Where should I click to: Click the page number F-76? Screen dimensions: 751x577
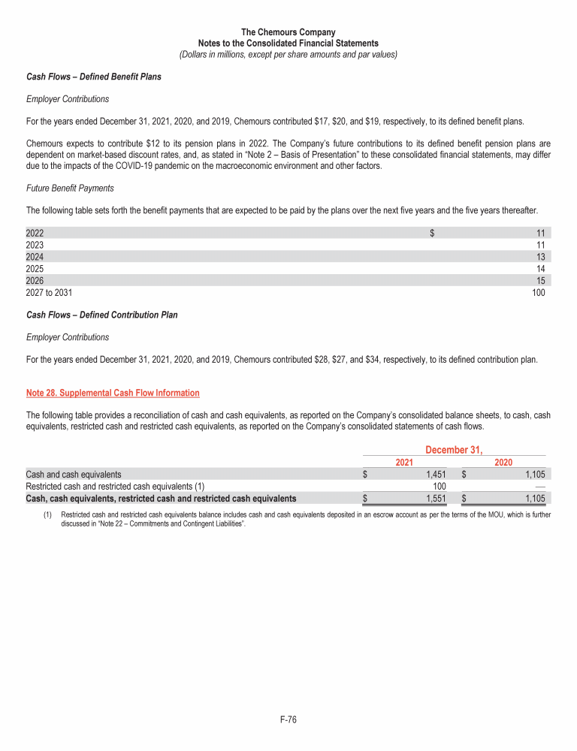(x=288, y=720)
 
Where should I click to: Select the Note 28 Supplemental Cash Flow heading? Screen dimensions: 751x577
(x=113, y=393)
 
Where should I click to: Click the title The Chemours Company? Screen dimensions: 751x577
(x=288, y=32)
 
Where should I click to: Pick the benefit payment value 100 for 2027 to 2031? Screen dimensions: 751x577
(x=538, y=292)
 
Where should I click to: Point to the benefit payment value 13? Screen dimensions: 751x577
(x=540, y=256)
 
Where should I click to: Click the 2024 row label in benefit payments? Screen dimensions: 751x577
(x=35, y=256)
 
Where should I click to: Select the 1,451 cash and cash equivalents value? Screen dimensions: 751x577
(x=435, y=474)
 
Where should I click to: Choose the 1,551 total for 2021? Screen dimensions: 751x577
(x=435, y=498)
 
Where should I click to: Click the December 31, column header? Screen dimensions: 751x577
(x=455, y=450)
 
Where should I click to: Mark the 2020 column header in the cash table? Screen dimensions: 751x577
(x=503, y=462)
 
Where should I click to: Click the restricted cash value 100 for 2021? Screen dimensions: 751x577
(x=439, y=486)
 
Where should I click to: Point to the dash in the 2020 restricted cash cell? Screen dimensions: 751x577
(x=539, y=486)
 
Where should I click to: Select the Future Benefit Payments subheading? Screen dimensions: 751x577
(x=70, y=188)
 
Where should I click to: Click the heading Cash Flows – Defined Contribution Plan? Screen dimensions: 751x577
(x=102, y=315)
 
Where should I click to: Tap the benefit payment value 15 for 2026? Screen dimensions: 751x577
(x=540, y=280)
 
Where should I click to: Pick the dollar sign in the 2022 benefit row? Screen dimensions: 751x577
(x=432, y=232)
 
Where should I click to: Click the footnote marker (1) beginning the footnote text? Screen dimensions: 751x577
(x=47, y=515)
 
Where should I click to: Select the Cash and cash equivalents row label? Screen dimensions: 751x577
(x=74, y=474)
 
